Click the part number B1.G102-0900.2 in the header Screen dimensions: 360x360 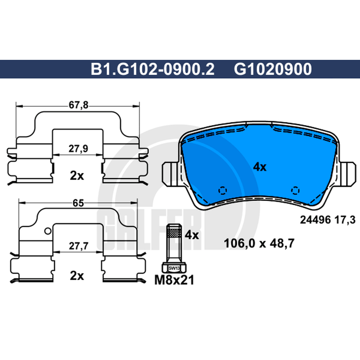tap(153, 69)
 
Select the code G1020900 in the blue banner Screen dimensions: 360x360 tap(273, 69)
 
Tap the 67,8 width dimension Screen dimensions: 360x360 tap(78, 105)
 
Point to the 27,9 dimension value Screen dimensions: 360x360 tap(78, 148)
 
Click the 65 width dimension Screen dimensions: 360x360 tap(78, 203)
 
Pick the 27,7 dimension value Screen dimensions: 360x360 tap(79, 246)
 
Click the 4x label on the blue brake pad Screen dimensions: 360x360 tap(260, 167)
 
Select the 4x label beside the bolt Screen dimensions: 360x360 tap(192, 235)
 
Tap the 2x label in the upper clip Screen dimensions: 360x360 tap(77, 175)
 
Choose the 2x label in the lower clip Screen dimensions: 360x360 tap(77, 276)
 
